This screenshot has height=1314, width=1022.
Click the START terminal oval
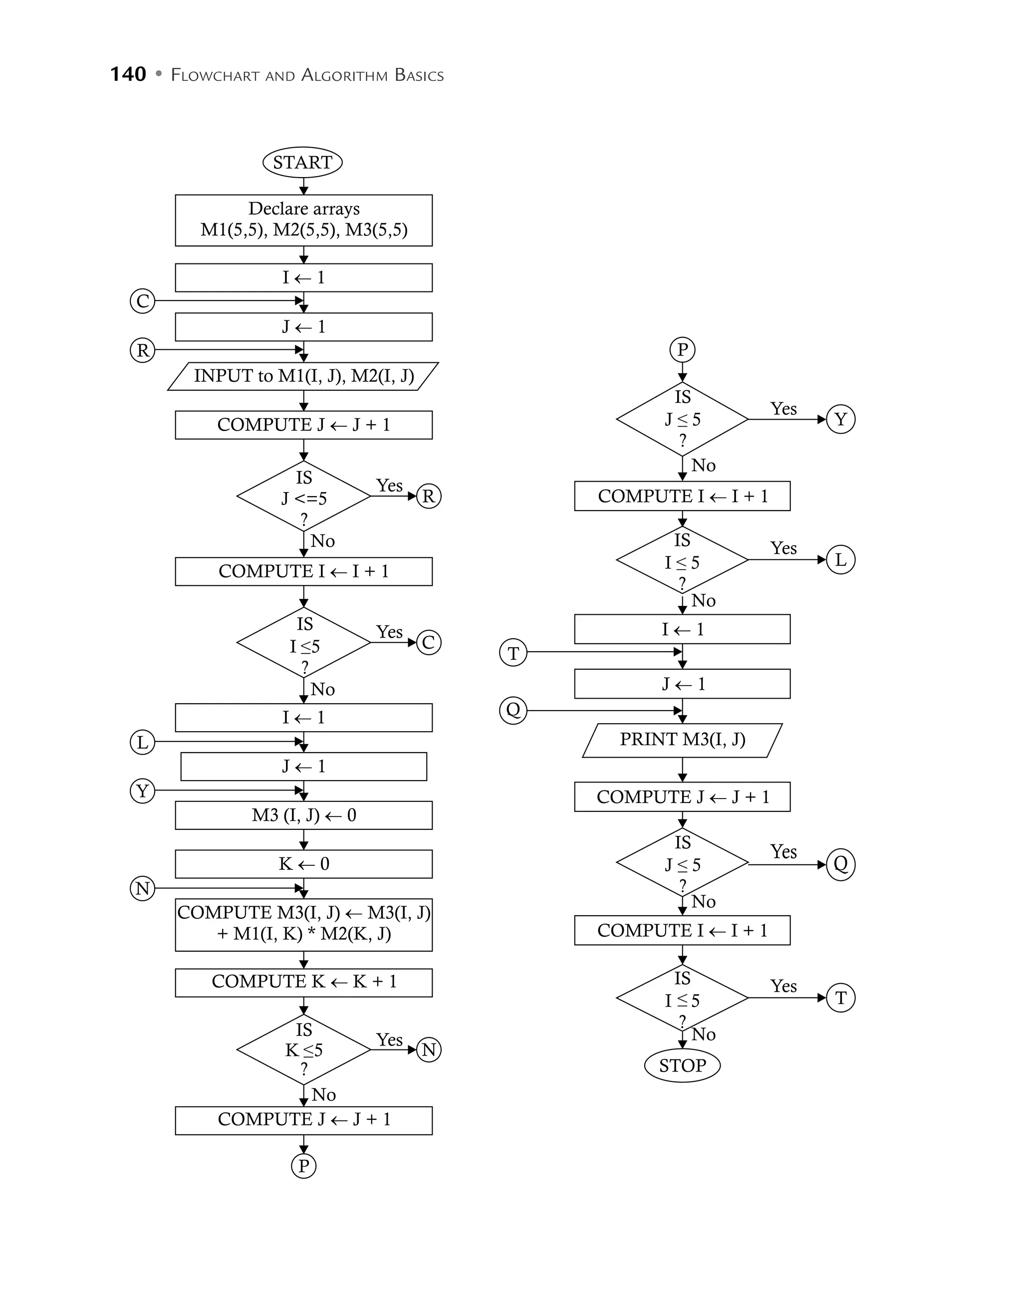click(302, 163)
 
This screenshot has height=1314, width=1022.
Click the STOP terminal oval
click(682, 1065)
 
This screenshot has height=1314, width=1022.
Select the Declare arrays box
click(304, 220)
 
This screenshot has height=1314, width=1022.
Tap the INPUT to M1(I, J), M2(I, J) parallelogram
click(304, 376)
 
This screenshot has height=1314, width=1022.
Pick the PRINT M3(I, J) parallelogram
click(682, 740)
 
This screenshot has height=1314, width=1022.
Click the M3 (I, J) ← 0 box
click(304, 815)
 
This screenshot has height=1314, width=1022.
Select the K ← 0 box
click(304, 864)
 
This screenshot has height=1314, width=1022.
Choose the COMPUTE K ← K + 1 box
click(304, 982)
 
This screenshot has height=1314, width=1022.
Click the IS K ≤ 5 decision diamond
click(304, 1050)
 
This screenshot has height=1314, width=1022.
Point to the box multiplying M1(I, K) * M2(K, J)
click(304, 924)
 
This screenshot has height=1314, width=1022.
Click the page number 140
click(128, 74)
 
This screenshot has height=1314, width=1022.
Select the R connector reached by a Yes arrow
click(428, 497)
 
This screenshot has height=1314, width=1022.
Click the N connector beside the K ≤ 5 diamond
click(428, 1050)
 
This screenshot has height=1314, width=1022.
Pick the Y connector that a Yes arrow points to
click(840, 419)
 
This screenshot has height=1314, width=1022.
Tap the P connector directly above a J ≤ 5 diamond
click(682, 349)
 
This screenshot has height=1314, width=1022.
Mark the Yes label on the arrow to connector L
click(783, 548)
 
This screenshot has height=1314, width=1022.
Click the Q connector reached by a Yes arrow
click(840, 864)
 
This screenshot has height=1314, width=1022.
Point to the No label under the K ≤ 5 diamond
click(324, 1094)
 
